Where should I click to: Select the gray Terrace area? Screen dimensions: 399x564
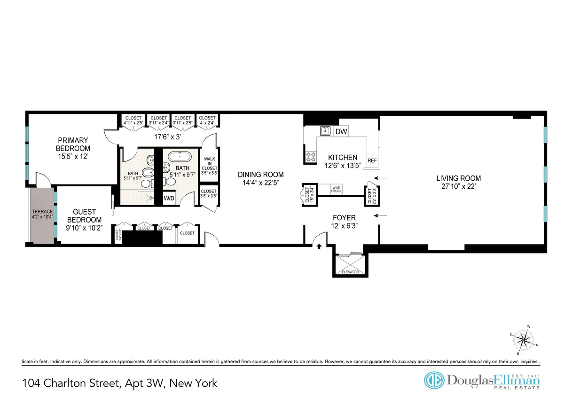click(x=42, y=215)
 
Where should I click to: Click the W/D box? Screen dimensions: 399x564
click(x=169, y=198)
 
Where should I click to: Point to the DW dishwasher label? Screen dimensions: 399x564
click(x=341, y=132)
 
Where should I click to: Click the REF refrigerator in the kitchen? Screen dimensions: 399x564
click(x=372, y=160)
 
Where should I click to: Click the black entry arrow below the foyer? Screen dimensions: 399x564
click(x=319, y=246)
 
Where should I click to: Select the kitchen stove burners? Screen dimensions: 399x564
click(x=311, y=157)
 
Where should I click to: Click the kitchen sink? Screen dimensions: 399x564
click(x=324, y=131)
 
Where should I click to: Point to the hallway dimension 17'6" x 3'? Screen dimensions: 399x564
click(x=161, y=138)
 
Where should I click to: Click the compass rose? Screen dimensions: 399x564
click(x=522, y=339)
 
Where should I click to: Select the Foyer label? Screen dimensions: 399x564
click(x=344, y=217)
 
